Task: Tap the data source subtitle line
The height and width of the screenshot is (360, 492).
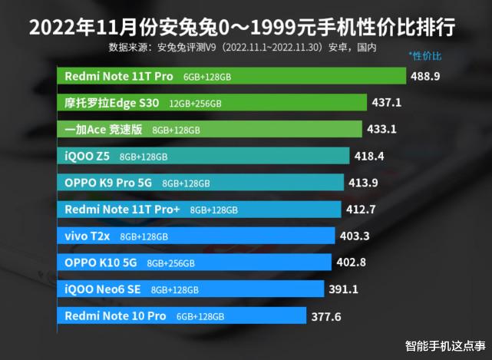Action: (243, 48)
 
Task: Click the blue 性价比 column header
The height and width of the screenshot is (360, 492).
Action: (425, 56)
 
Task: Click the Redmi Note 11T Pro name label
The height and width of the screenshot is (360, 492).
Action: (118, 77)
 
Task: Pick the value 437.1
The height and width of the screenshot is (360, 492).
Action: (387, 102)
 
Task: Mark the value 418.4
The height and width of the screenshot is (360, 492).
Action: (370, 156)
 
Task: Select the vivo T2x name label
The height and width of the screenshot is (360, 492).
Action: (88, 236)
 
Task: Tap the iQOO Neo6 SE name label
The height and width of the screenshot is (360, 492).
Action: (104, 289)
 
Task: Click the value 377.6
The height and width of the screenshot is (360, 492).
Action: (325, 315)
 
